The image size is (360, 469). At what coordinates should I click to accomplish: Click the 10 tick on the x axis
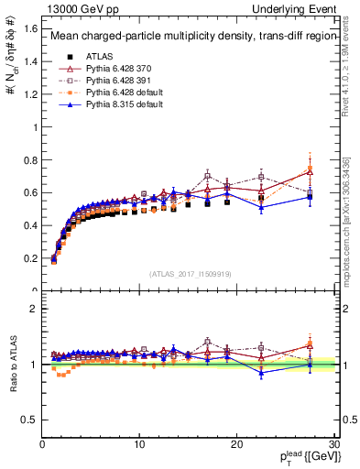(139, 443)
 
